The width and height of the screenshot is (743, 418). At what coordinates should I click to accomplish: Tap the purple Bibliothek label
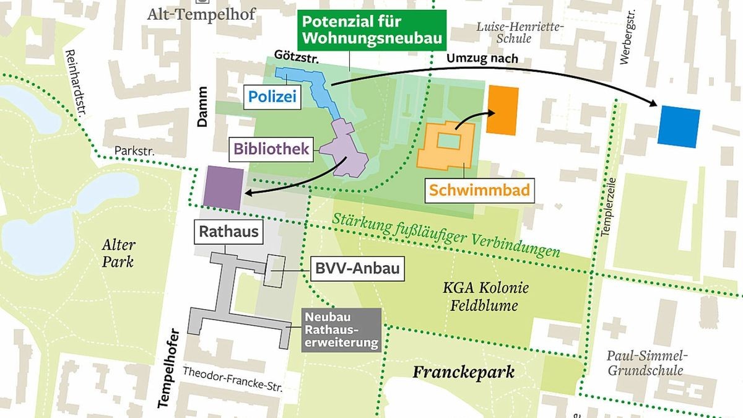tap(271, 149)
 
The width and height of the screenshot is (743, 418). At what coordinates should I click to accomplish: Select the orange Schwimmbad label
tap(480, 190)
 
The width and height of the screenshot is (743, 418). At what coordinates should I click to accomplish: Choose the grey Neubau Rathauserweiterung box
tap(341, 330)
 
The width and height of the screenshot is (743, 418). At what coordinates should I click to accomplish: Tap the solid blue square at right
tap(679, 127)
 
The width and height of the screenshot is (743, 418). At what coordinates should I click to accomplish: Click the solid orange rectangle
tap(502, 110)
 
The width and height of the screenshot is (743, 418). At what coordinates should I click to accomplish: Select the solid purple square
tap(225, 188)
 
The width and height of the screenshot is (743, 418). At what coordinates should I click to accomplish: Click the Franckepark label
tap(464, 372)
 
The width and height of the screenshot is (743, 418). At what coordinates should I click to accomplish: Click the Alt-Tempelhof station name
tap(201, 14)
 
